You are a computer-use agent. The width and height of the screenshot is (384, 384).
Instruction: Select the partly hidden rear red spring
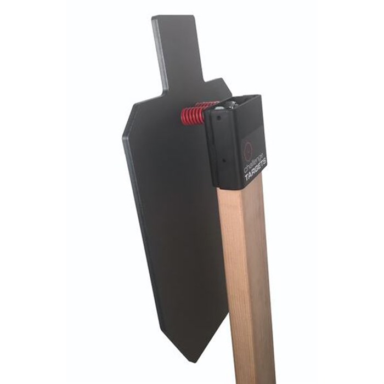(208, 104)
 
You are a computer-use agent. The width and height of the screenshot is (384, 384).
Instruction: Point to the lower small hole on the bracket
(223, 161)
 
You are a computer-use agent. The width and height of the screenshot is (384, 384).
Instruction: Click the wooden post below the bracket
(247, 274)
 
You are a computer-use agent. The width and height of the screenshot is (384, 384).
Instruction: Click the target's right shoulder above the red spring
(219, 85)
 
